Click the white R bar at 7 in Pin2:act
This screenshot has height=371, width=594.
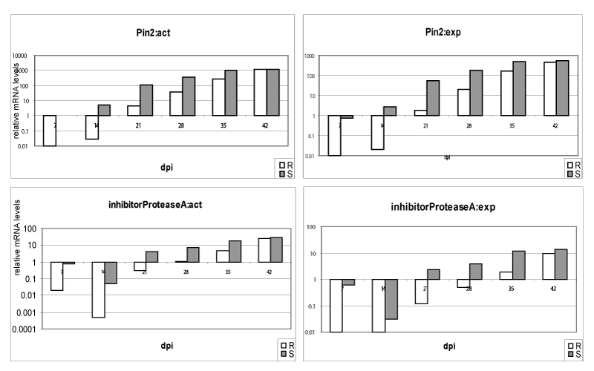[x=50, y=131]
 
